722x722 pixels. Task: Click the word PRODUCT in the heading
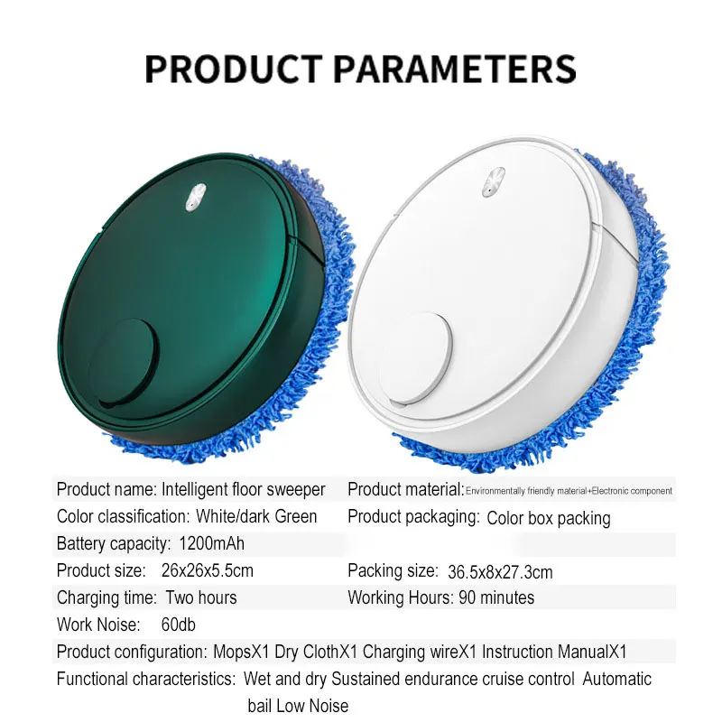tap(233, 69)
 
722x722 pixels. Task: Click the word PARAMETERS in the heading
tap(455, 69)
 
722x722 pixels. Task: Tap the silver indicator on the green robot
tap(196, 197)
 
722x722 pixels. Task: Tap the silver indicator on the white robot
tap(494, 182)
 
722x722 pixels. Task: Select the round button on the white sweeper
tap(415, 358)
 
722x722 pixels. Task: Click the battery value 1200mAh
tap(211, 544)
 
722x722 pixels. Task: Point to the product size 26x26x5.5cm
tap(208, 571)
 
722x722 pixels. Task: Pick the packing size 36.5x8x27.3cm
tap(500, 572)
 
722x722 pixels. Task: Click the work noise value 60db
tap(178, 625)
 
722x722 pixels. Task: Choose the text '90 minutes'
tap(496, 597)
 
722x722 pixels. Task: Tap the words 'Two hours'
tap(201, 597)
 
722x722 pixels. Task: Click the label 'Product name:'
tap(106, 489)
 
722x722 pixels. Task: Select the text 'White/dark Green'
tap(256, 516)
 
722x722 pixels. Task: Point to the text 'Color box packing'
tap(549, 518)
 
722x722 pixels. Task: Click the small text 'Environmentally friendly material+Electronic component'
tap(569, 491)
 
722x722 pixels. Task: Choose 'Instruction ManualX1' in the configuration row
tap(554, 652)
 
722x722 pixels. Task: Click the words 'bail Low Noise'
tap(298, 706)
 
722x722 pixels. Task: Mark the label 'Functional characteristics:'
tap(146, 680)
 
